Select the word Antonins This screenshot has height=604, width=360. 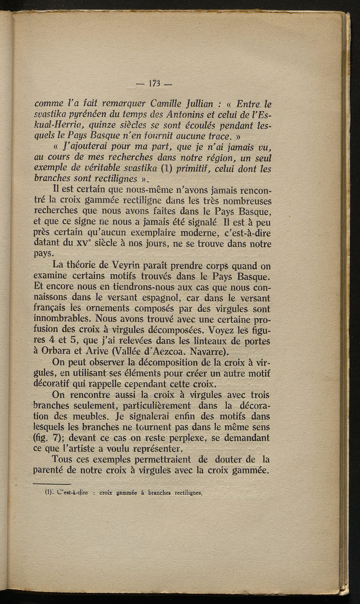[183, 115]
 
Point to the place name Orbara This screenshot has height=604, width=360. [61, 351]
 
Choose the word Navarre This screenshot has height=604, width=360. [211, 351]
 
